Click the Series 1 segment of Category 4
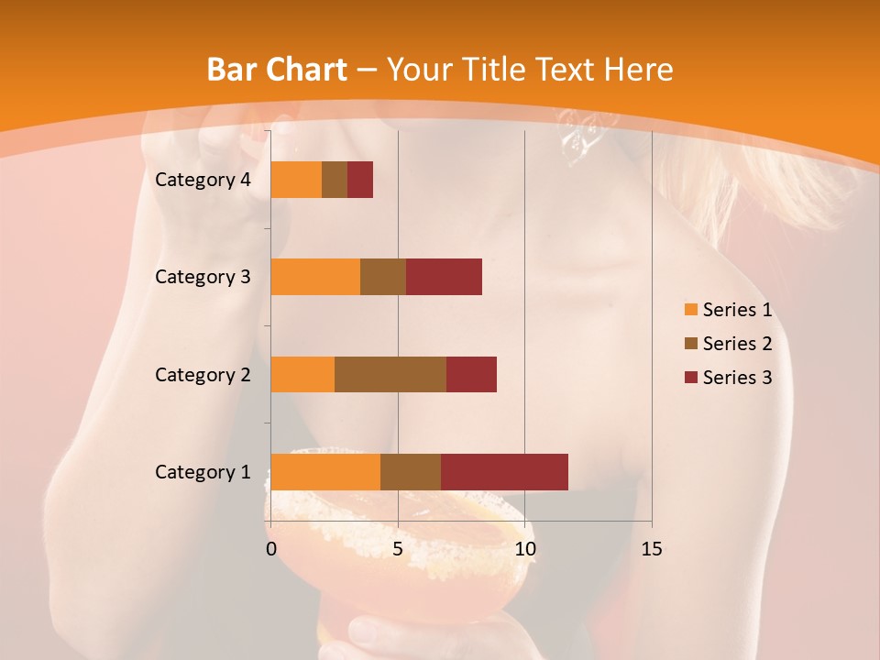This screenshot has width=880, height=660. click(x=296, y=180)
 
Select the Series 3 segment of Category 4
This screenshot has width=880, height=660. click(x=360, y=180)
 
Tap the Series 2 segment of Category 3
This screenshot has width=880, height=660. click(x=383, y=277)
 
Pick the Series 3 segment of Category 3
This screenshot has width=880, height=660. click(x=444, y=277)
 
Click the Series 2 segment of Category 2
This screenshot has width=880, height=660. click(x=390, y=374)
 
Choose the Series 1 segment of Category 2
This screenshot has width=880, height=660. click(x=302, y=374)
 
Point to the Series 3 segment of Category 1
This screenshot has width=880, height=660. click(x=504, y=472)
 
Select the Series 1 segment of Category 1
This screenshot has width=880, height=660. click(x=325, y=472)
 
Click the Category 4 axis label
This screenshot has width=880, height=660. click(x=203, y=180)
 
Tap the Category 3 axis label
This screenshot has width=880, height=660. click(x=203, y=277)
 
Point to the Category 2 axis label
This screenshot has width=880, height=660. click(x=203, y=374)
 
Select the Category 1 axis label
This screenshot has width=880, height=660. click(x=203, y=472)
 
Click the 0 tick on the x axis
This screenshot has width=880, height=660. click(x=271, y=549)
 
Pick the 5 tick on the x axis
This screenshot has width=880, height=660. click(x=398, y=549)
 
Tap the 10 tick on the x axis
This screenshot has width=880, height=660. click(x=524, y=549)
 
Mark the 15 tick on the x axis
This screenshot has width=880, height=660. click(x=651, y=549)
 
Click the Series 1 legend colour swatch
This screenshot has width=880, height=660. click(x=690, y=310)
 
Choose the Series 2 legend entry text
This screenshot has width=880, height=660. click(x=737, y=344)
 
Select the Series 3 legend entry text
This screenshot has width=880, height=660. click(x=737, y=378)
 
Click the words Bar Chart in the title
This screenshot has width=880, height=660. click(x=276, y=70)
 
